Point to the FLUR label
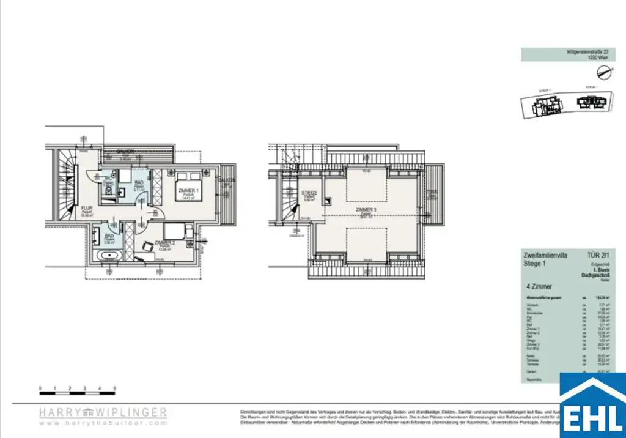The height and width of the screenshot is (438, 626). [86, 208]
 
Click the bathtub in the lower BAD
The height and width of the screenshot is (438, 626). [109, 254]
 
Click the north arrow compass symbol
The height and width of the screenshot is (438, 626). [606, 73]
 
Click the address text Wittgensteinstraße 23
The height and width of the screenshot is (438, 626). [585, 53]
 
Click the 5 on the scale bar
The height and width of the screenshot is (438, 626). [115, 388]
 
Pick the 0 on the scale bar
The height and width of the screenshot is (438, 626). [40, 388]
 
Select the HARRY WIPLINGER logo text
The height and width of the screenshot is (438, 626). [103, 412]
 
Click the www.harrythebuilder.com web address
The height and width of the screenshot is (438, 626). [103, 423]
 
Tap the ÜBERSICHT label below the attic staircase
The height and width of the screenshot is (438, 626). [298, 235]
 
